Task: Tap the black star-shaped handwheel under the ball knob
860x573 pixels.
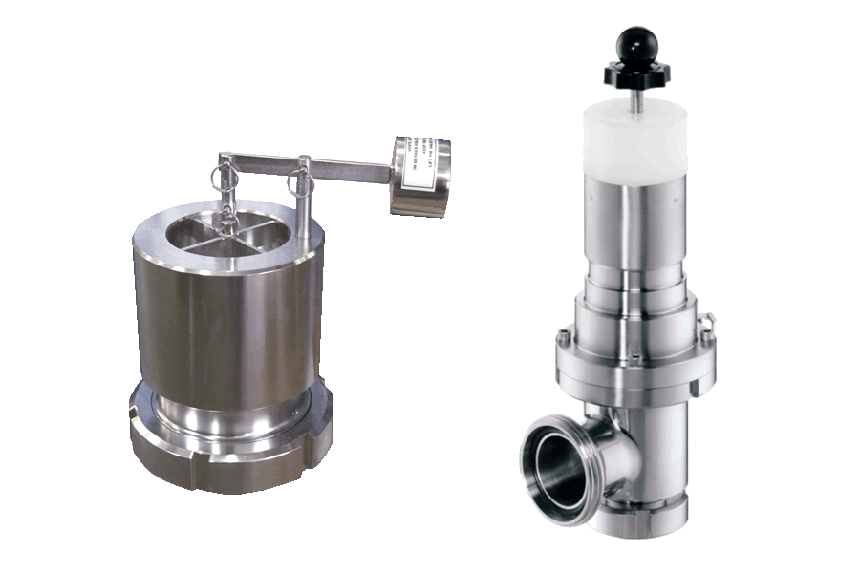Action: [x=634, y=73]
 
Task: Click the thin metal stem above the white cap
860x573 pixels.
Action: [x=634, y=90]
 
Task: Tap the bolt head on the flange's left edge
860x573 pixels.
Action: [x=565, y=338]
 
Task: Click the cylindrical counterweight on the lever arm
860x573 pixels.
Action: [x=418, y=176]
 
